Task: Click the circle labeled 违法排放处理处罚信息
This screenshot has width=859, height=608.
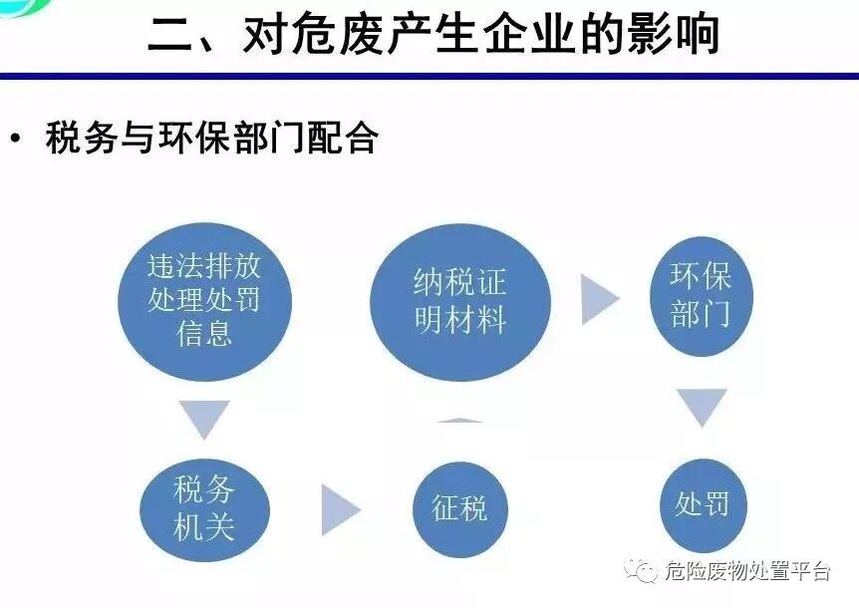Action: pos(203,298)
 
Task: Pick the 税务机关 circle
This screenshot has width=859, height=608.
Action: pos(204,508)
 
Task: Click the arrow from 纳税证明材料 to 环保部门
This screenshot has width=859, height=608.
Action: pos(599,299)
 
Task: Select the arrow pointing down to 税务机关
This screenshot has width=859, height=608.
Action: pos(204,418)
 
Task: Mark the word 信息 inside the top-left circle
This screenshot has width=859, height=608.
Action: pos(204,332)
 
